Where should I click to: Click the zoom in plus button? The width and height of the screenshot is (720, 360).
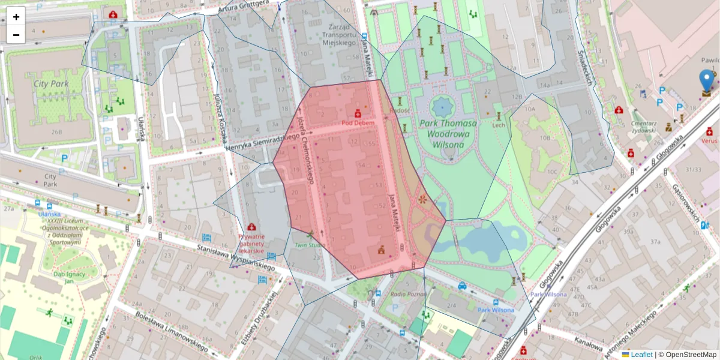[x=16, y=17]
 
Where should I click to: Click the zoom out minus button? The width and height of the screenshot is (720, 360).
[x=16, y=35]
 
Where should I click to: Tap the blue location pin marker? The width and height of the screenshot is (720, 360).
[x=707, y=80]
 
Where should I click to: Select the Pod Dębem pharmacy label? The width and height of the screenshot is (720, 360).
[x=358, y=123]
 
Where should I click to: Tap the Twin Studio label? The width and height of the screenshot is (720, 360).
[x=310, y=245]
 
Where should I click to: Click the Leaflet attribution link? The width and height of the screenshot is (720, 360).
[x=641, y=355]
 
